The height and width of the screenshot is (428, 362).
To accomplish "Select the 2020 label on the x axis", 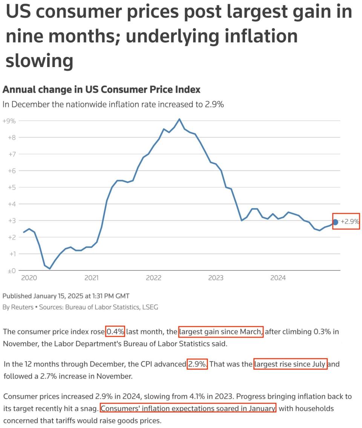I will tap(29, 278).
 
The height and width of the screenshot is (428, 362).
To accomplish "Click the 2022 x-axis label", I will tap(153, 278).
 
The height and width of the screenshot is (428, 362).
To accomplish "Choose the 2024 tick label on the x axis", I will tap(278, 278).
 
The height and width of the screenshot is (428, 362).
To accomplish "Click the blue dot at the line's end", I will tap(336, 222).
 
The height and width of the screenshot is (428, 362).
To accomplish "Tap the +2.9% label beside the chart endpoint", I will tap(350, 222).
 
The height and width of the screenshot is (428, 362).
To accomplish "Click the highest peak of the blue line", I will tap(179, 119).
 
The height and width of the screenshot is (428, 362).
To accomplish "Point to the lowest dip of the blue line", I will tap(50, 269).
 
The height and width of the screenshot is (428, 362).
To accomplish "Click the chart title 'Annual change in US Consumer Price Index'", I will tap(101, 90).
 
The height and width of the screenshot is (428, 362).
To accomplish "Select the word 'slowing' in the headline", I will tap(39, 60).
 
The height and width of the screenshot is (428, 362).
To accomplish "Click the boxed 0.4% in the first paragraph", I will tap(115, 332).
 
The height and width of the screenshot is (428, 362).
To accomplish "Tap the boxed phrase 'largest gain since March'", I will tap(221, 332).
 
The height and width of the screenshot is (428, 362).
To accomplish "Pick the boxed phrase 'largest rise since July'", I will tap(290, 364).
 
